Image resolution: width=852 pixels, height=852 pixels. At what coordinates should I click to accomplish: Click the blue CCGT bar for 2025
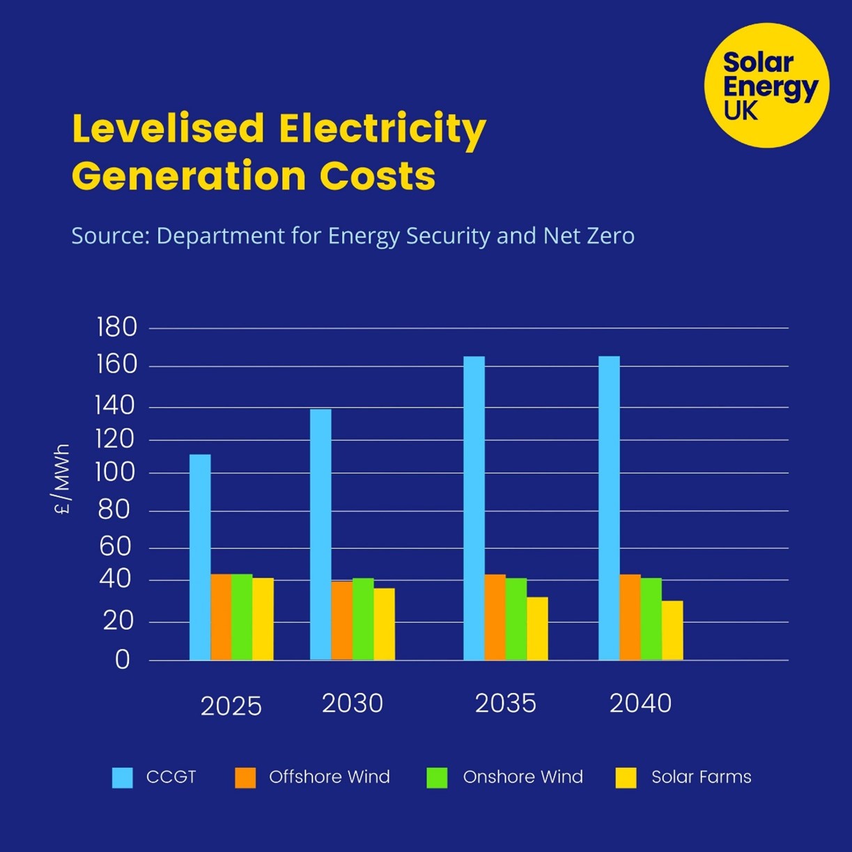[200, 557]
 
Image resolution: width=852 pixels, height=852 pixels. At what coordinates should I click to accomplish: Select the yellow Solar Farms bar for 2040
[672, 630]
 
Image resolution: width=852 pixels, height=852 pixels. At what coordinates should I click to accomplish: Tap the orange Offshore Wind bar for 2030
[341, 621]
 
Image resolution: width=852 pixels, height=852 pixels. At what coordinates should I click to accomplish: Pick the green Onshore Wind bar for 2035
[516, 619]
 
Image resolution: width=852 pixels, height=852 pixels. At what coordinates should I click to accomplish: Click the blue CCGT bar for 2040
[609, 509]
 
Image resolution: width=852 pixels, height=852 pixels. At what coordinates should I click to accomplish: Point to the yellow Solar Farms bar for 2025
[263, 619]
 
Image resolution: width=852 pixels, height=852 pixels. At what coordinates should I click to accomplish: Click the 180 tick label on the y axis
[117, 327]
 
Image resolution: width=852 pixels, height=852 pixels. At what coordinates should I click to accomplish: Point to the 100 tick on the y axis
[115, 472]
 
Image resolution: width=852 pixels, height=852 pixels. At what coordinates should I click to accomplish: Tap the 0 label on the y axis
[123, 660]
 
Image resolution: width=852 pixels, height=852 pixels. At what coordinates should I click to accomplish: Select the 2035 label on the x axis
[505, 704]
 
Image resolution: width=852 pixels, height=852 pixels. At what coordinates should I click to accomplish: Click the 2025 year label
[231, 706]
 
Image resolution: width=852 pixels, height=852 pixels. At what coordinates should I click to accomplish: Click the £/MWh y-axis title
[63, 479]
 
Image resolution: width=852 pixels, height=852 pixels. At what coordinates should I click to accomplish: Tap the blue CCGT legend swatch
[123, 777]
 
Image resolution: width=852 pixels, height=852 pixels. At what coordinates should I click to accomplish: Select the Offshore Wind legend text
[329, 777]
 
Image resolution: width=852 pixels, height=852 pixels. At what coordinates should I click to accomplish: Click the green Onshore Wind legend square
[437, 777]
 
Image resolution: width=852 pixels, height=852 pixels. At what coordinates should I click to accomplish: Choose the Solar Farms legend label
[701, 777]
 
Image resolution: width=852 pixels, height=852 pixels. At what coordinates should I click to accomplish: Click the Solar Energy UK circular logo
[766, 85]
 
